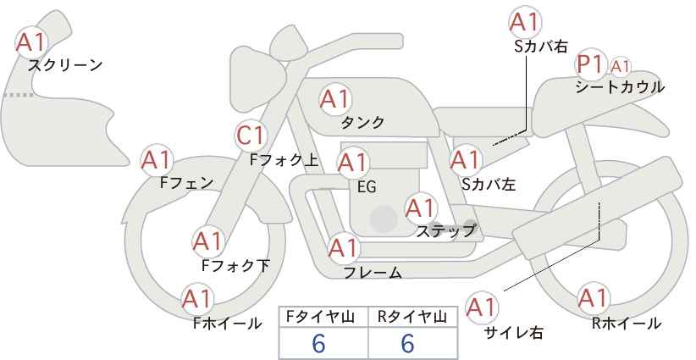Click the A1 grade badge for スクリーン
(x=33, y=42)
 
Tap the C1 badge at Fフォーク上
(x=251, y=135)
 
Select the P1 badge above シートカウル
(x=589, y=64)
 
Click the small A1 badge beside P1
(x=620, y=66)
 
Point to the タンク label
(x=362, y=123)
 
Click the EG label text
(x=367, y=186)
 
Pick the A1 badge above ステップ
(x=420, y=208)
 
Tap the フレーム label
(x=373, y=273)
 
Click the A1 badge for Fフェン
(x=156, y=159)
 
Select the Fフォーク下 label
(x=235, y=266)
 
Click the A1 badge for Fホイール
(x=196, y=299)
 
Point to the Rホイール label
(x=627, y=324)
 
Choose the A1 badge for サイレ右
(x=483, y=307)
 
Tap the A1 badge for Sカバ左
(x=465, y=159)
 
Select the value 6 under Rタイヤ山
(x=407, y=343)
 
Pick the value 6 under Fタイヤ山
(x=318, y=343)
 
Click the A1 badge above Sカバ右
(x=523, y=21)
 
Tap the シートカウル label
(x=620, y=86)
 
